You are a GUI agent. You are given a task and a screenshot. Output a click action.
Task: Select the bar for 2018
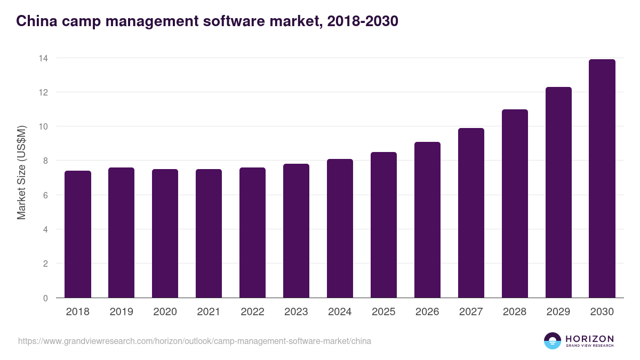[78, 235]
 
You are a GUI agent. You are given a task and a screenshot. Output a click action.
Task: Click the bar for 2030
[602, 179]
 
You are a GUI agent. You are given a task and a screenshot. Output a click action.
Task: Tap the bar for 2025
[384, 225]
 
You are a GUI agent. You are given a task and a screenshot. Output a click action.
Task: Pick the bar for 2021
[209, 234]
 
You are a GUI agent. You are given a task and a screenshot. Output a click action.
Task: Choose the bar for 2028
[515, 204]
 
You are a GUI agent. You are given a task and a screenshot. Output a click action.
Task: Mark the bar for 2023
[296, 231]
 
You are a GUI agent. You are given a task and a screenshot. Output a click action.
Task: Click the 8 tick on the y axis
[46, 161]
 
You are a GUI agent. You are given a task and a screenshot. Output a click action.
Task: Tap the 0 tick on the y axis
[46, 298]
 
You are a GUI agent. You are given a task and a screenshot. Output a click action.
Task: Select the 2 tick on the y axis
[46, 264]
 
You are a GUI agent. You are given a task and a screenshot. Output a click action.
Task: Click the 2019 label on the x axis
[122, 312]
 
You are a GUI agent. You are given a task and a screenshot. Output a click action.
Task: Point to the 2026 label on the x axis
[427, 312]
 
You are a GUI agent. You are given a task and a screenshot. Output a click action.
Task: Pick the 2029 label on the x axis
[558, 312]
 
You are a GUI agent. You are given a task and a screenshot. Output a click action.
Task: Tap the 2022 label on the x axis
[252, 312]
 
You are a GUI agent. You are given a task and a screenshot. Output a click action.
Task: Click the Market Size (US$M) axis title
[21, 173]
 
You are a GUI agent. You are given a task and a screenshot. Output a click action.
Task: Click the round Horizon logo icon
[553, 341]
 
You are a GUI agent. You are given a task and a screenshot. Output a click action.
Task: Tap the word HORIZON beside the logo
[589, 339]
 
